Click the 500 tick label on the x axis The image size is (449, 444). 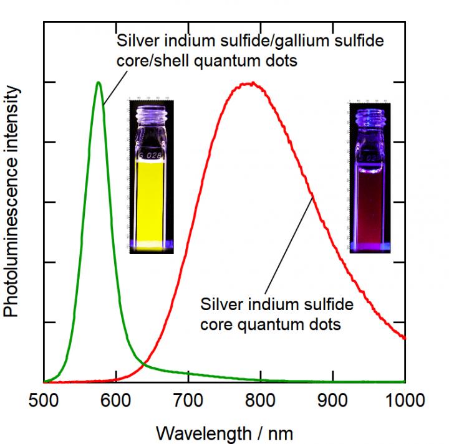44,399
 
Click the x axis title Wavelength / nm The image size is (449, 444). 224,431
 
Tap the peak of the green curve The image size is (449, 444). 99,82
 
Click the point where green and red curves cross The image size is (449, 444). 145,362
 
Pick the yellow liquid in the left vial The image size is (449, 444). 151,199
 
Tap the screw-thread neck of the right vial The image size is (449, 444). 370,111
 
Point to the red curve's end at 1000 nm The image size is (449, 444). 405,338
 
